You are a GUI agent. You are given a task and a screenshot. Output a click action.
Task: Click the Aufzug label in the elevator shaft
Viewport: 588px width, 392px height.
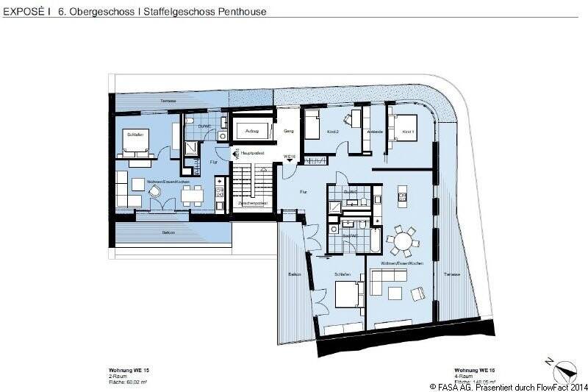[252, 130]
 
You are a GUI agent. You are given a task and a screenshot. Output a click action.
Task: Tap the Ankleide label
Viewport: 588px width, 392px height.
[374, 132]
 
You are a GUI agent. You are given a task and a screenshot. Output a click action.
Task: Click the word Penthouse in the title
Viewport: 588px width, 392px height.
[239, 12]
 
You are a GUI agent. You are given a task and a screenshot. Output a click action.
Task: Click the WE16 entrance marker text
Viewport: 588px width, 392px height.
[289, 157]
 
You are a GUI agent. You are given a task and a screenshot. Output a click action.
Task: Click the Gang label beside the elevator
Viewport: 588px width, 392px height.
[289, 131]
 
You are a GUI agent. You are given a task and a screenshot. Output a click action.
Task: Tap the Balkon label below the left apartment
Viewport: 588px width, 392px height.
[168, 232]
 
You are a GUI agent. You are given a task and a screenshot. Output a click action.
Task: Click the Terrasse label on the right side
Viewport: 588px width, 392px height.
[451, 274]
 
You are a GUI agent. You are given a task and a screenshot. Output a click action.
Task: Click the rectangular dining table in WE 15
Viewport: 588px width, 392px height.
[193, 194]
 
